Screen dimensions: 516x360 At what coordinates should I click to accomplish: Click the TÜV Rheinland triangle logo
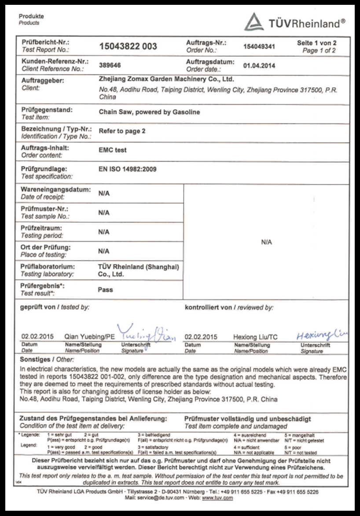254,22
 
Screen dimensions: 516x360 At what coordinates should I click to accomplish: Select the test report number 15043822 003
128,46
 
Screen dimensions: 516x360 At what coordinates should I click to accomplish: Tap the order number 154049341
259,46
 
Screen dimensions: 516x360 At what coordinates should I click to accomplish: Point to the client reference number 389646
110,65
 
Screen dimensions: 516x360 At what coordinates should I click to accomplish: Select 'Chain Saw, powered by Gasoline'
149,112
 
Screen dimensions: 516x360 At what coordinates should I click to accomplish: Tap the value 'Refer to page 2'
122,131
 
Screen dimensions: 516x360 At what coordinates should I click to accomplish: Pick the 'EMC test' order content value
112,150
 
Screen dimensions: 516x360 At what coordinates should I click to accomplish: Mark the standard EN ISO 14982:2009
128,169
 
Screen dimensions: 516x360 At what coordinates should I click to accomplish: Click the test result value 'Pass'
106,290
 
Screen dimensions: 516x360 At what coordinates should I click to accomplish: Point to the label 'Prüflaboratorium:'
48,267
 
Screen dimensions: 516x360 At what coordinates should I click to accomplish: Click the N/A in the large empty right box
266,242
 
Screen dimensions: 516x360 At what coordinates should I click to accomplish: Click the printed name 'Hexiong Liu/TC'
255,337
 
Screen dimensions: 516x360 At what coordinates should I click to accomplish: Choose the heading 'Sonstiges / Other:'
44,360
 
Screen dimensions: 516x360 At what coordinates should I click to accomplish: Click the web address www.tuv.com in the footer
217,498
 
